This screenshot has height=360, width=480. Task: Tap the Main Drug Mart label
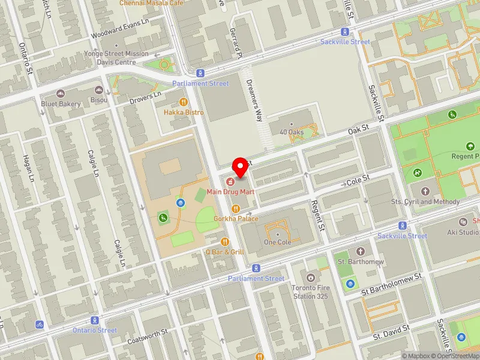(x=231, y=192)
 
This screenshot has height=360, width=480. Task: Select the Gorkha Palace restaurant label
(x=236, y=219)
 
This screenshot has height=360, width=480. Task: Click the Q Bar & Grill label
(x=224, y=252)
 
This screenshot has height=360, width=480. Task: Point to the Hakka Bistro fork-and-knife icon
(x=184, y=102)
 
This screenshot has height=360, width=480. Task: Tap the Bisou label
(x=98, y=100)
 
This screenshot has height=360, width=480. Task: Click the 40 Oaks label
(x=291, y=132)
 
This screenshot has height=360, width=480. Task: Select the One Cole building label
(x=277, y=242)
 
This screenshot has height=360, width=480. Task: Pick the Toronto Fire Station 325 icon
(x=311, y=277)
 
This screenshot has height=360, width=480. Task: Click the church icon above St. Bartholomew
(x=360, y=251)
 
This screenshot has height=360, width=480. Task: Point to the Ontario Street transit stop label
(x=95, y=330)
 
